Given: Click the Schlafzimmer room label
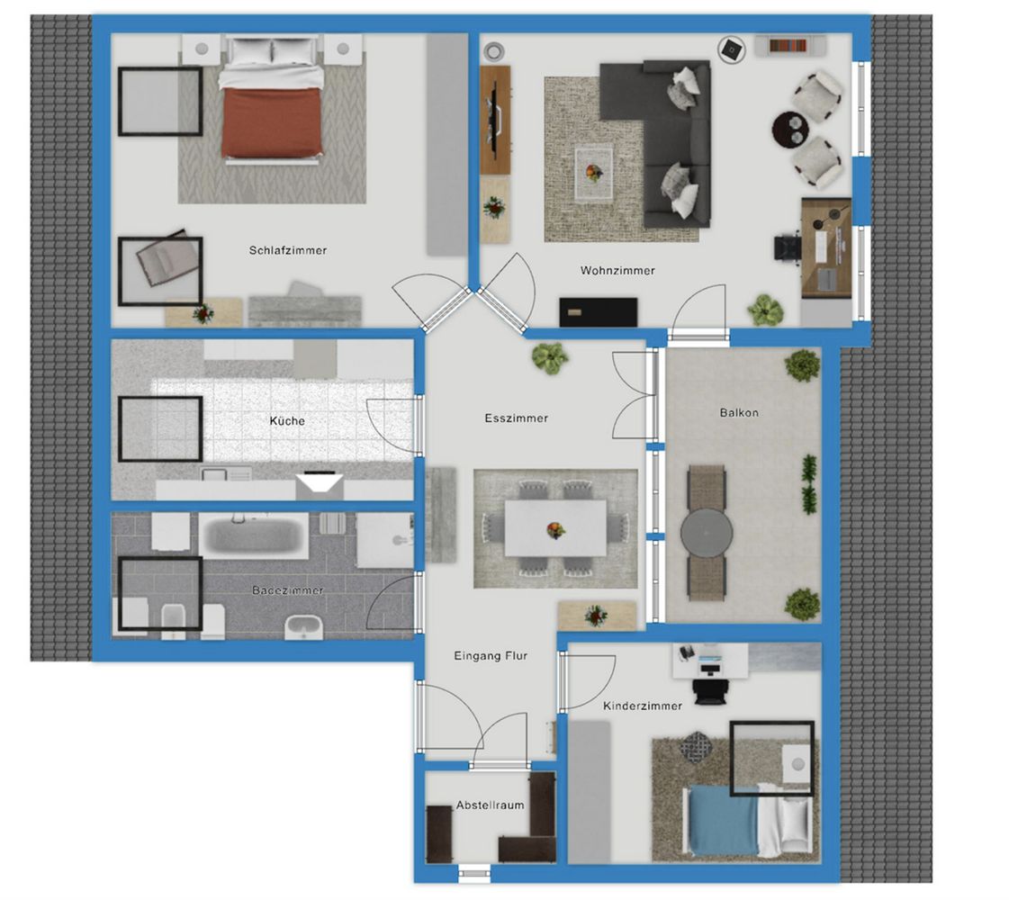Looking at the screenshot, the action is (x=288, y=250).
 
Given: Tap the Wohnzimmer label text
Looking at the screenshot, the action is (x=617, y=271).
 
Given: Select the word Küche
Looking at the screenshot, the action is (x=287, y=420).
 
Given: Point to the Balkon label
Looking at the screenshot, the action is (x=739, y=412).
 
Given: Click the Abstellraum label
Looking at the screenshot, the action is (x=490, y=805).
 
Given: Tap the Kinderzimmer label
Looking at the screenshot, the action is (x=642, y=706).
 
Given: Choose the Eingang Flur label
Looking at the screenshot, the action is (x=491, y=655).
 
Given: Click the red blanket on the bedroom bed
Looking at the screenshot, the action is (x=272, y=122).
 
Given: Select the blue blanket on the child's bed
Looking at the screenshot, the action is (x=723, y=821).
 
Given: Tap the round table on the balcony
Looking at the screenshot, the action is (x=707, y=534).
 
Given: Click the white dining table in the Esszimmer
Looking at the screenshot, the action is (x=555, y=528).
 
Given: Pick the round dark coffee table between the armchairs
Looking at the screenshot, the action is (x=791, y=130).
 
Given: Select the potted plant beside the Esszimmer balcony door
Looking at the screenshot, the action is (x=550, y=357).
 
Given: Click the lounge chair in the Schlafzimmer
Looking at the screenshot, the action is (x=166, y=257).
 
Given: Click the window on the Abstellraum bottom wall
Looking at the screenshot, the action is (x=474, y=873).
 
